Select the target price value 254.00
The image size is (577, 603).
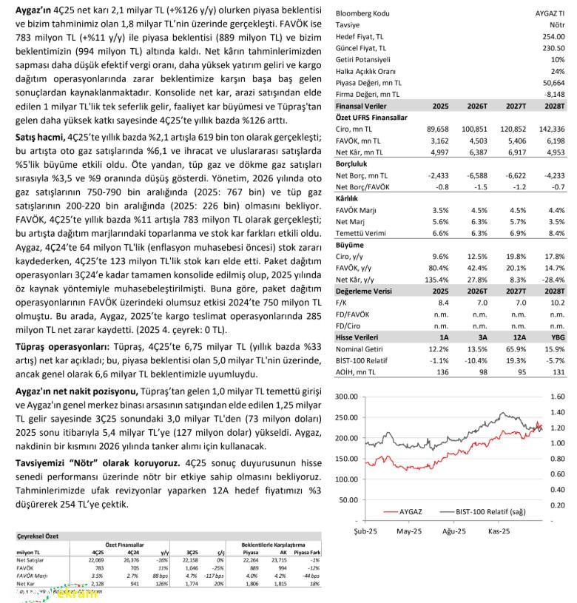[552, 36]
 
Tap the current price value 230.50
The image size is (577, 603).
[552, 47]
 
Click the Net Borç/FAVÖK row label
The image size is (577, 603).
[364, 187]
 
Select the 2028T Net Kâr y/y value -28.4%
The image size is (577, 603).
[550, 279]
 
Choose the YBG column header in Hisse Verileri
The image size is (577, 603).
[556, 337]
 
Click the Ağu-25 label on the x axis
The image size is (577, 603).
[453, 531]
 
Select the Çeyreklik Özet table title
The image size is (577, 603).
[38, 536]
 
